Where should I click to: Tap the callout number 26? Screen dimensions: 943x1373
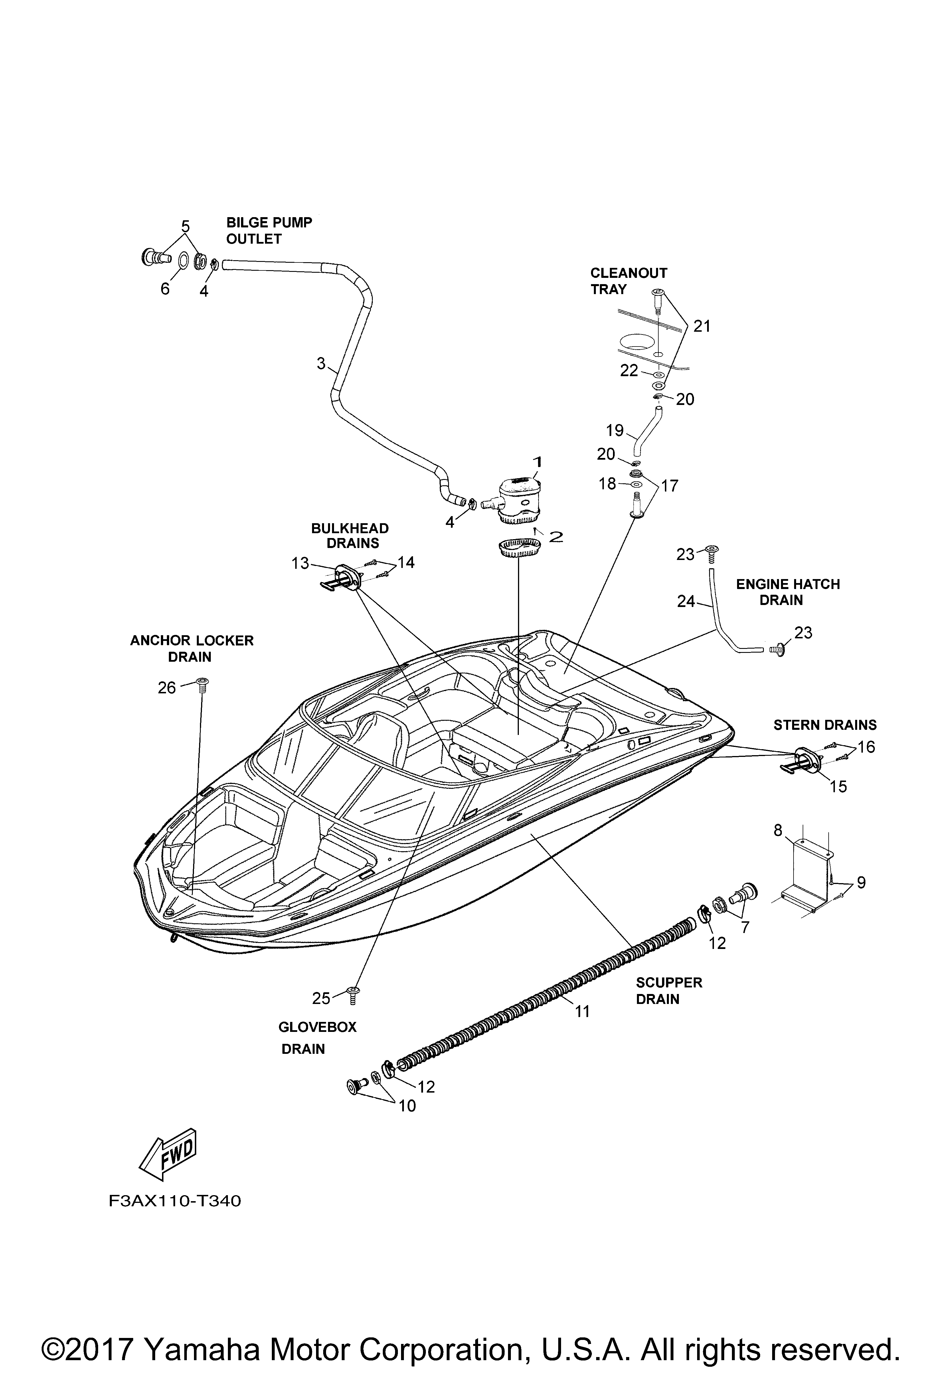(x=167, y=688)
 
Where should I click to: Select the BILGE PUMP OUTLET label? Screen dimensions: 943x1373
(x=269, y=231)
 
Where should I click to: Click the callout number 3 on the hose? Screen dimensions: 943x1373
(x=321, y=363)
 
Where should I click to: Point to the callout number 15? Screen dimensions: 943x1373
(x=838, y=786)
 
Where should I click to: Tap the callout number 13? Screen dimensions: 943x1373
(x=300, y=564)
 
